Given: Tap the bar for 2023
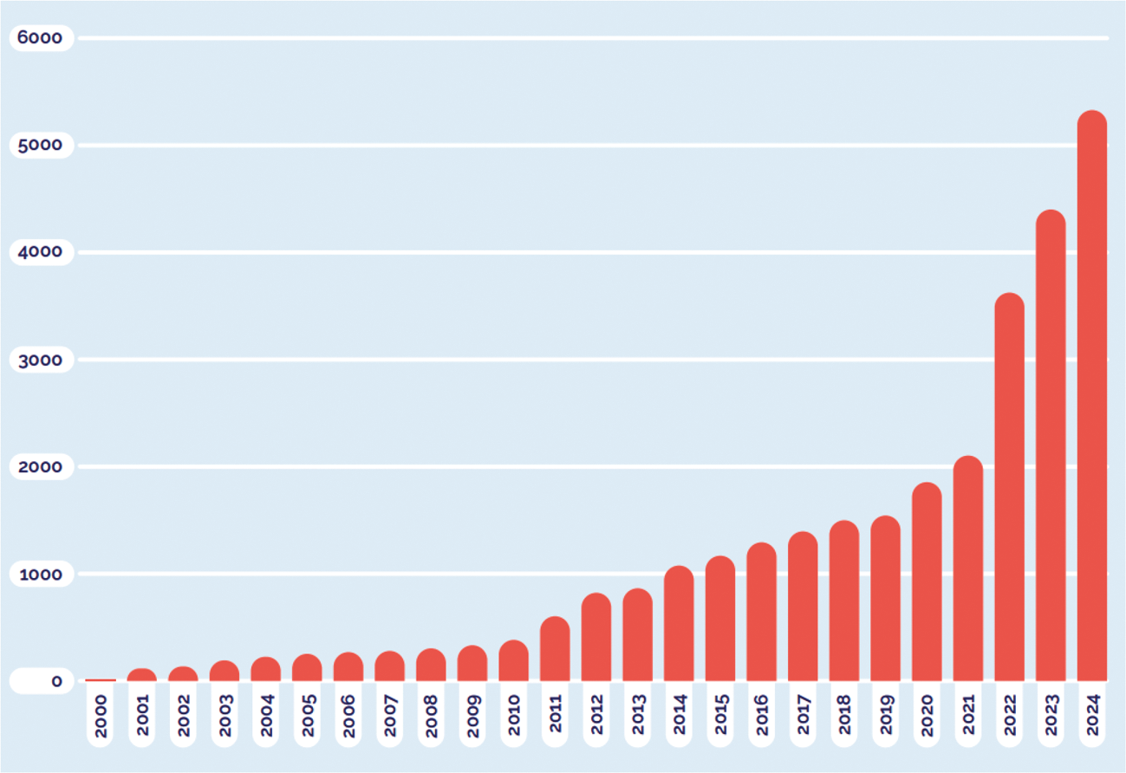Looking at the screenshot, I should (x=1051, y=445).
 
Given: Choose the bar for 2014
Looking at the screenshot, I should (x=679, y=623).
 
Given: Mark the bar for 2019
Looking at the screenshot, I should (x=885, y=598).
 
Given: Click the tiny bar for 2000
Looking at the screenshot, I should (x=101, y=680).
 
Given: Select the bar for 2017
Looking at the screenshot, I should (x=803, y=606).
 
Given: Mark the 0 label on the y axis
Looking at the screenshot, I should (x=56, y=682).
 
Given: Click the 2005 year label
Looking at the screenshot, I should (x=307, y=715).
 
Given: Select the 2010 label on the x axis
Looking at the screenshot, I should (x=514, y=715).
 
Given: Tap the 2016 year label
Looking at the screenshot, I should (x=762, y=715).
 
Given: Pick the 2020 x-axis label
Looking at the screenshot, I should (x=927, y=715).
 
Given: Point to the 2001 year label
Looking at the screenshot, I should (x=142, y=715).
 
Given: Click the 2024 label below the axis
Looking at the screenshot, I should (x=1092, y=715).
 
